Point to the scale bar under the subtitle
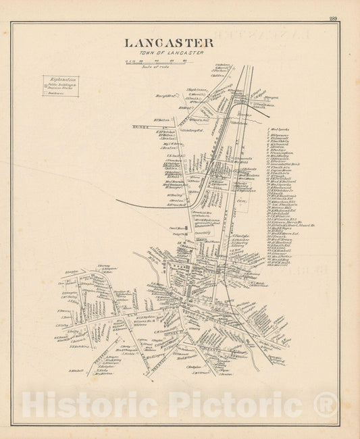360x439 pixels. tap(156, 62)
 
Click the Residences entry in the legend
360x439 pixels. tap(57, 94)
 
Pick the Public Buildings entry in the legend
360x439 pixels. tap(59, 86)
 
